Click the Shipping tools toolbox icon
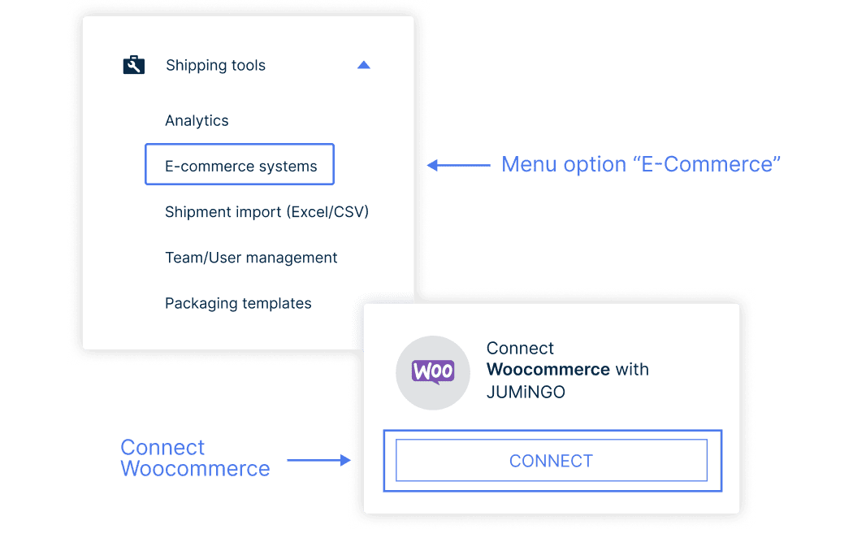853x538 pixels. tap(133, 65)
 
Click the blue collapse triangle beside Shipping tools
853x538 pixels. tap(364, 65)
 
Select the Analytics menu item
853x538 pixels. tap(197, 120)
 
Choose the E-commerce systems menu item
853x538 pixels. tap(240, 167)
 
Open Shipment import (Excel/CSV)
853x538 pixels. tap(266, 212)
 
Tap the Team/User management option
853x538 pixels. tap(251, 258)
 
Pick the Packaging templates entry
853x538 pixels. tap(238, 303)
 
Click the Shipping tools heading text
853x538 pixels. tap(215, 65)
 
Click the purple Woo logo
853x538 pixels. tap(432, 372)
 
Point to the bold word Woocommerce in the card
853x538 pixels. tap(548, 370)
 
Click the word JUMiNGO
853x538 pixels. tap(526, 393)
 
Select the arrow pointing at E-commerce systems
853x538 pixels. tap(458, 165)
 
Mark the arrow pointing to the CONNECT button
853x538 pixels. tap(319, 460)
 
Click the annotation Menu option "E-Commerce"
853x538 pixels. tap(641, 164)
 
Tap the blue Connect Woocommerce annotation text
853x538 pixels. tap(195, 458)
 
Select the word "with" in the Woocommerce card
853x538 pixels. tap(632, 370)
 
